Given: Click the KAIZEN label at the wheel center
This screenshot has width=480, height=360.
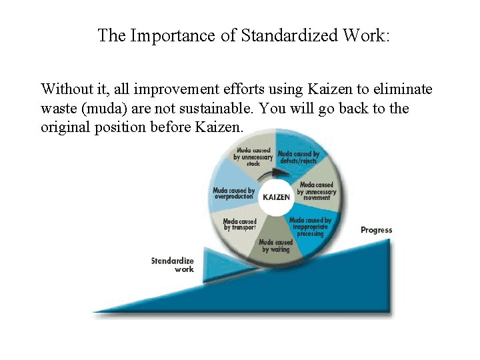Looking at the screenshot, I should [x=277, y=198].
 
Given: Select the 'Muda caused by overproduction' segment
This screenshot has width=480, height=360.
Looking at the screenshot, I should [x=233, y=193].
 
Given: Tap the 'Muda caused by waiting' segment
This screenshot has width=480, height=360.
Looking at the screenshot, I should [x=275, y=245].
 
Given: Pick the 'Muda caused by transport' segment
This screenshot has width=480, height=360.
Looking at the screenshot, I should [x=239, y=225].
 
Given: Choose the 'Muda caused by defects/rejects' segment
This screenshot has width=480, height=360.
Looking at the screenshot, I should [x=298, y=157].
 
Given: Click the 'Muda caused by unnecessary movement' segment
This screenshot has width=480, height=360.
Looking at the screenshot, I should [x=317, y=191].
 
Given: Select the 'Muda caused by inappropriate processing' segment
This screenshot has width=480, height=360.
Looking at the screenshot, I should [x=310, y=227].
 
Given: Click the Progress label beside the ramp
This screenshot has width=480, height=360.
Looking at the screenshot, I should [x=376, y=230].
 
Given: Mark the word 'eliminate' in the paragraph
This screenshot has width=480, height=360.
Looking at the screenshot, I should [x=403, y=89].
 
